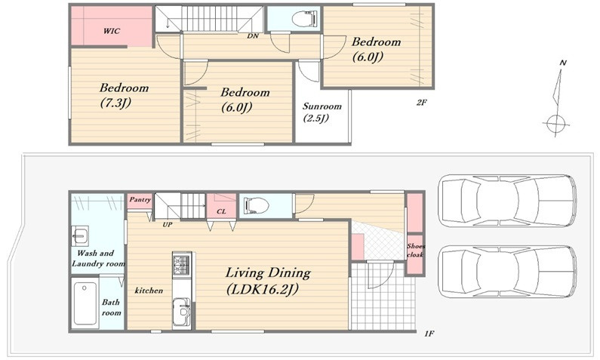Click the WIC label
(112, 31)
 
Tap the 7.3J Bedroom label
(124, 95)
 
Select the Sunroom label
(322, 106)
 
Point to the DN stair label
(253, 36)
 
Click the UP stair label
(168, 225)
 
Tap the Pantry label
(140, 200)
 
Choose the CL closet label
(221, 211)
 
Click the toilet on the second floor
(305, 18)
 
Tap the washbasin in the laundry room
(80, 236)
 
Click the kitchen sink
(181, 309)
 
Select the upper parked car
(506, 201)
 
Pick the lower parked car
(507, 272)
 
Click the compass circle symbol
(556, 124)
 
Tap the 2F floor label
(421, 102)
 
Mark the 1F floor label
(429, 334)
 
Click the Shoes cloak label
(416, 251)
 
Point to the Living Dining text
(268, 272)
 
